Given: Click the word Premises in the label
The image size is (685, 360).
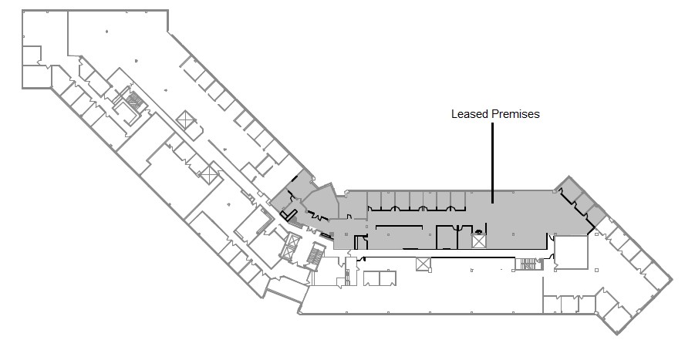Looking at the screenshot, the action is click(515, 114).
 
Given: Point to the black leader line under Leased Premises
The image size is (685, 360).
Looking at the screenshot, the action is click(493, 163).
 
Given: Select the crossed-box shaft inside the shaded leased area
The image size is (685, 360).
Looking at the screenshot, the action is click(479, 241).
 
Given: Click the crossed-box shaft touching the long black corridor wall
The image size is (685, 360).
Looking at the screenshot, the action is click(423, 264).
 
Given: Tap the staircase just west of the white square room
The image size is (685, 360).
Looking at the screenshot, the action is click(528, 264).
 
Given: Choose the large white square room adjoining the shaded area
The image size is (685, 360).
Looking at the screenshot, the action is click(572, 252).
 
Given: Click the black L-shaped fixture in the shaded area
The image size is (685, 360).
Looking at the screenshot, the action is click(289, 214).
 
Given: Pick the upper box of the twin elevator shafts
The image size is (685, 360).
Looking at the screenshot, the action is click(292, 241).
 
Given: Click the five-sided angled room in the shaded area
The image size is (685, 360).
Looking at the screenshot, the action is click(321, 202).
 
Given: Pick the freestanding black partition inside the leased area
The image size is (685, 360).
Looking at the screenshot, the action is click(400, 226).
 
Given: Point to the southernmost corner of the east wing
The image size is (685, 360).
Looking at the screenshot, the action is click(618, 335).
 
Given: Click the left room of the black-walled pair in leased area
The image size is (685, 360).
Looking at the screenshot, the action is click(447, 237).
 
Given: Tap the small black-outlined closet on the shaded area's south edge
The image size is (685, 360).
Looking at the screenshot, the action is click(360, 243).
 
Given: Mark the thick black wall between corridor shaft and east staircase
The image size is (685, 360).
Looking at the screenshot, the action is click(473, 257).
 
